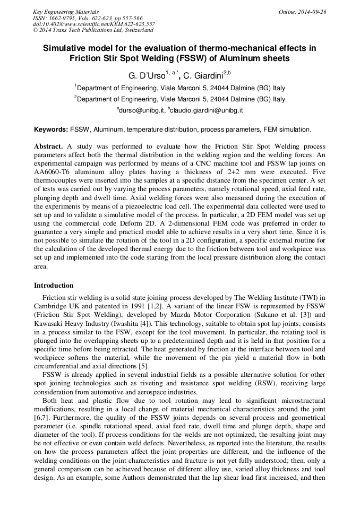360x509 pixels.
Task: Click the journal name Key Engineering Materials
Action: (x=66, y=12)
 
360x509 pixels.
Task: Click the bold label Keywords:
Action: (x=51, y=130)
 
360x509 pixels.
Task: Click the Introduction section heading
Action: (x=54, y=286)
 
